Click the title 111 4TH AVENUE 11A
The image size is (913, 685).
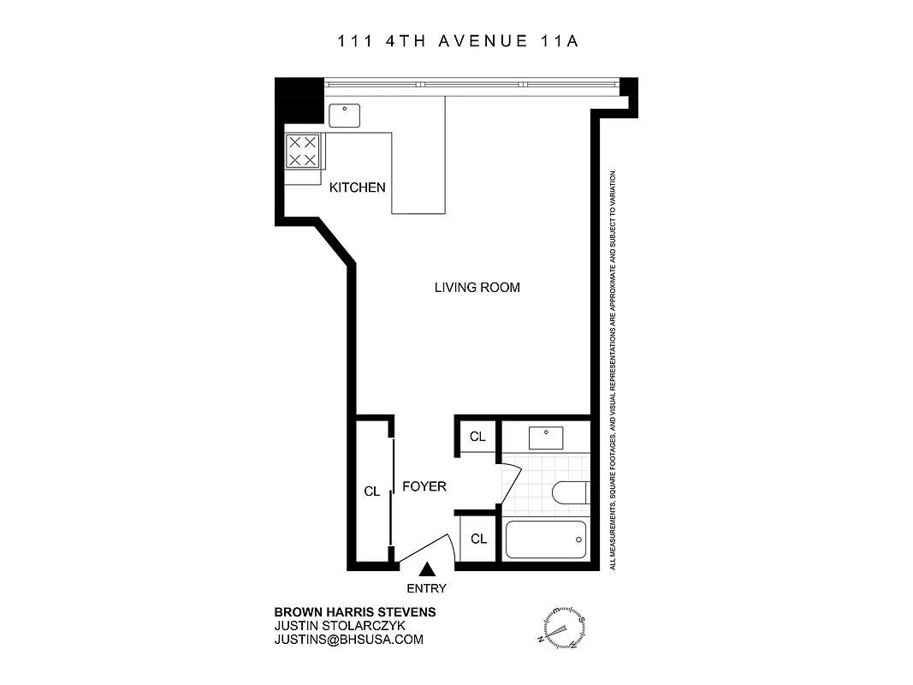(x=456, y=41)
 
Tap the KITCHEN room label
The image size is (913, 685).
(x=358, y=188)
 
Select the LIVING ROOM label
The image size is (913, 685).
(x=477, y=288)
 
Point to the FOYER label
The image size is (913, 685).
(x=424, y=486)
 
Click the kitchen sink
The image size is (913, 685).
(x=345, y=115)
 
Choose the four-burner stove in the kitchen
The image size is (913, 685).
(x=303, y=152)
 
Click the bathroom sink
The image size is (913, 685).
(x=545, y=438)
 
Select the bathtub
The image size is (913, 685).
(x=546, y=539)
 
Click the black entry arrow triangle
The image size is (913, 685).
(x=426, y=568)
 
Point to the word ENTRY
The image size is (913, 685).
(x=426, y=588)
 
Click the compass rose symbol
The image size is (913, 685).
(x=561, y=627)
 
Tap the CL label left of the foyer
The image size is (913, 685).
(x=372, y=491)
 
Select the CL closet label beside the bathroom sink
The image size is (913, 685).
(x=477, y=437)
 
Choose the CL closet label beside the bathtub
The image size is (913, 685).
(x=478, y=539)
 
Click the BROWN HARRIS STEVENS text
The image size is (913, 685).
(x=354, y=612)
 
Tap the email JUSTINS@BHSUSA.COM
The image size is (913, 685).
(x=348, y=640)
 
